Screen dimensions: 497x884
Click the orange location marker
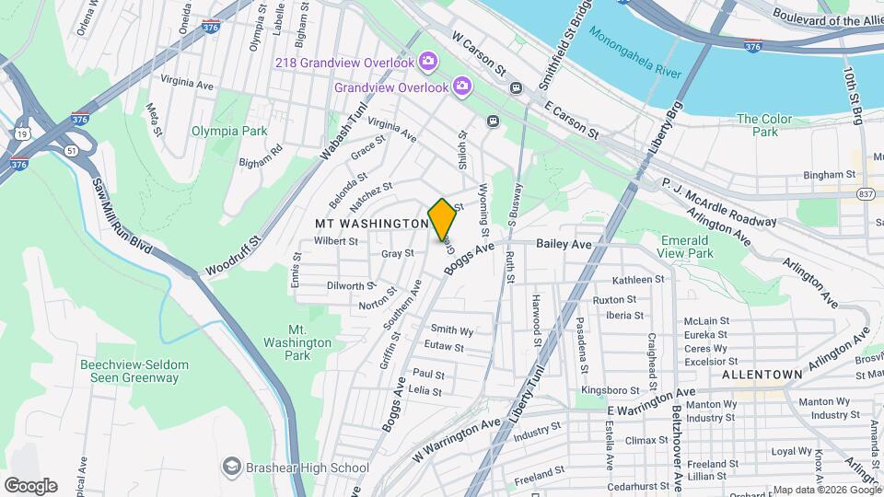(x=442, y=220)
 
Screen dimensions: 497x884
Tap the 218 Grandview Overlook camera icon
(x=427, y=62)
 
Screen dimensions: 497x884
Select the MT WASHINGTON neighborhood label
(x=371, y=224)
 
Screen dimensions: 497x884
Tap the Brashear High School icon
(x=231, y=467)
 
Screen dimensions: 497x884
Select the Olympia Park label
(x=228, y=131)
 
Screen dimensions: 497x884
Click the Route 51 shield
(x=71, y=151)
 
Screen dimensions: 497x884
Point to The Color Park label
(x=758, y=125)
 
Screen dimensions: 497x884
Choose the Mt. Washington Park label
(x=309, y=342)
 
